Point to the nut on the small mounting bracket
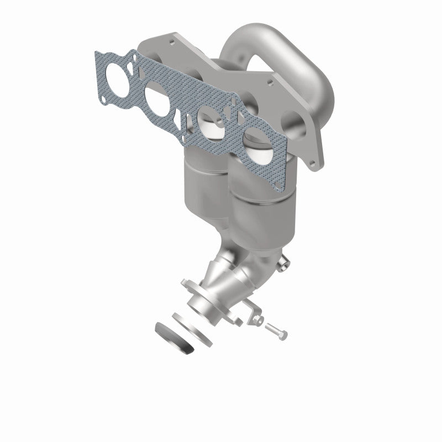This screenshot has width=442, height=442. pyautogui.click(x=257, y=319)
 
